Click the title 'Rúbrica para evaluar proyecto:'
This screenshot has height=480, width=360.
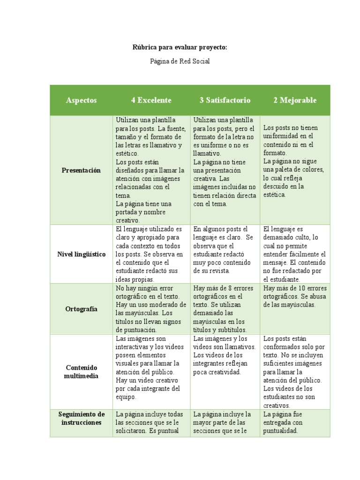pos(180,48)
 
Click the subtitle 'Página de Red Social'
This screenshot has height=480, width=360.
pos(180,61)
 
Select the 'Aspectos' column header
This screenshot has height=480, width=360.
pos(82,100)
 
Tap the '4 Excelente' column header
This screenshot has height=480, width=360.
pos(151,100)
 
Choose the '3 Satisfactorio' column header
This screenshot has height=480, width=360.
pos(225,100)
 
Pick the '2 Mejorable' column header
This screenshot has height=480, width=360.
pos(295,100)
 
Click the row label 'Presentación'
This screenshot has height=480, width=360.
pos(81,170)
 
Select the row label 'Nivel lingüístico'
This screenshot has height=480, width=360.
pos(81,254)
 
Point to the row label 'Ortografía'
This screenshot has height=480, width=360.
pos(82,309)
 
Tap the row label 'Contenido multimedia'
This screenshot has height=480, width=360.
pos(81,372)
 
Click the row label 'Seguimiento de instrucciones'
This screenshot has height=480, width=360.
pos(81,418)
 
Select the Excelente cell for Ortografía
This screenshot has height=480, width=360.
pos(151,309)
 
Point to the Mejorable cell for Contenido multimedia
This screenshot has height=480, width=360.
pos(295,372)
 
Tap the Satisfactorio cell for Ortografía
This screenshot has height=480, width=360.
pos(225,309)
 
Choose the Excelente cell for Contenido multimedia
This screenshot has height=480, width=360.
pos(151,367)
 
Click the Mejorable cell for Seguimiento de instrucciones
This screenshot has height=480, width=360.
pos(295,422)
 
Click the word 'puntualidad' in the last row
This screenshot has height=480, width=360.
pos(280,431)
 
